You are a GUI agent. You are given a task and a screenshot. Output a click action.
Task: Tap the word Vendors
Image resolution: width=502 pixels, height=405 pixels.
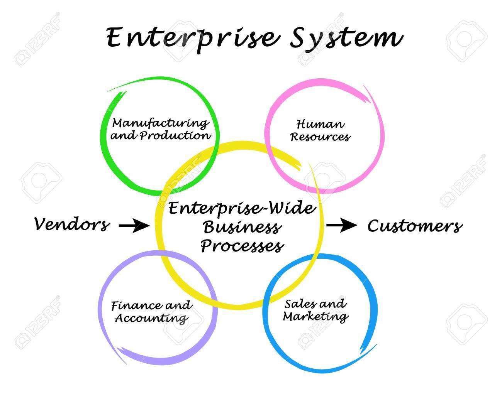(72, 224)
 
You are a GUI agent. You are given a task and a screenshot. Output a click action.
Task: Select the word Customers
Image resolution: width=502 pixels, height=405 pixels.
(415, 226)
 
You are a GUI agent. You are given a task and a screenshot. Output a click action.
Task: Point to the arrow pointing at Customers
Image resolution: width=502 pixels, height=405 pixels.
(342, 226)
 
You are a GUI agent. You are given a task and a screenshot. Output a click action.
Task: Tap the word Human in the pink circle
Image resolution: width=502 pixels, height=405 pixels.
(320, 124)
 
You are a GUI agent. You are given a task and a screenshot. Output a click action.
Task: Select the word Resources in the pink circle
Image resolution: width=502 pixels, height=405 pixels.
(320, 137)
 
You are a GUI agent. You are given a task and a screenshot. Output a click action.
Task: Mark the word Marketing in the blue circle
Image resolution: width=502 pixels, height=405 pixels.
(315, 317)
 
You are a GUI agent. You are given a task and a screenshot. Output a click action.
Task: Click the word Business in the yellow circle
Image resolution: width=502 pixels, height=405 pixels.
(241, 228)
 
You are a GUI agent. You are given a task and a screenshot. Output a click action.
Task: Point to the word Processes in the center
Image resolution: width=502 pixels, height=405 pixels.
(242, 245)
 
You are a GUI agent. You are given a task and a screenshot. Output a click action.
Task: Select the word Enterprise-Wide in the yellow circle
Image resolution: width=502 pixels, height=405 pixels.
(242, 209)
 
